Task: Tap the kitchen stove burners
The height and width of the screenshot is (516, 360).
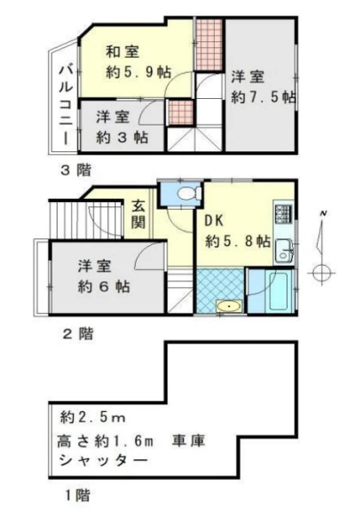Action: coord(284,213)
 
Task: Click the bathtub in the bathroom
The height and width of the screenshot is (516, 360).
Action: coord(278,291)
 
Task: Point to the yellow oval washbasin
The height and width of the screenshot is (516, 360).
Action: coord(229,307)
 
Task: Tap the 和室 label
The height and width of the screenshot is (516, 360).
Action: coord(123,52)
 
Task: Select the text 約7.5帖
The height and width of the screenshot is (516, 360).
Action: coord(264,97)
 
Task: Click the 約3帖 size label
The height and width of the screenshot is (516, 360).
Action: coord(122,138)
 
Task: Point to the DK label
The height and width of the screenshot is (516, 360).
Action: coord(214,221)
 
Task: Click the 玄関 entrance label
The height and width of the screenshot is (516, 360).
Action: coord(138,214)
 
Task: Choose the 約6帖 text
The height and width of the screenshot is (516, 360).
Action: coord(104,286)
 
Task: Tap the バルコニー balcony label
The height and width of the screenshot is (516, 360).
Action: coord(66,105)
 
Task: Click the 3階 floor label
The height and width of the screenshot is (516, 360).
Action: coord(76,170)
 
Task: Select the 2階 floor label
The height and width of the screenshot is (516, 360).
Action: coord(78,334)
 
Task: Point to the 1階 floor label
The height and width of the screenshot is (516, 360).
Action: coord(77,495)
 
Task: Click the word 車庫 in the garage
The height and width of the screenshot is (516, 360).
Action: coord(189,440)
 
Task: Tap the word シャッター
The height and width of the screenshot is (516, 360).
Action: coord(102,460)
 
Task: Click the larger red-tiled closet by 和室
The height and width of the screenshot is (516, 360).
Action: coord(209,45)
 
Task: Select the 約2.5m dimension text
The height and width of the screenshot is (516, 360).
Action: coord(93,418)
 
